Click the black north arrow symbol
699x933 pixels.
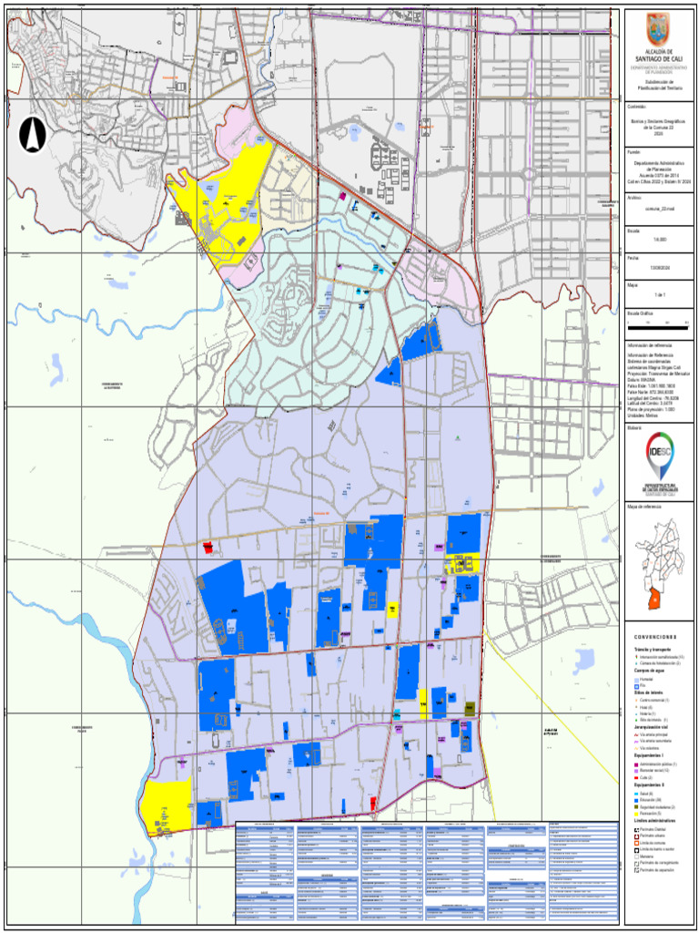click(x=33, y=135)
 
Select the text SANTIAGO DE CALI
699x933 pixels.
click(x=658, y=58)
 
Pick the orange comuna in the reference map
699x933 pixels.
click(x=651, y=598)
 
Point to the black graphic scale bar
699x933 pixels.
click(x=658, y=323)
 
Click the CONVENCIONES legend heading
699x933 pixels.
click(x=655, y=637)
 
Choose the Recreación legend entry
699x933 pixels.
click(x=649, y=812)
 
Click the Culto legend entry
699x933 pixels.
click(x=645, y=777)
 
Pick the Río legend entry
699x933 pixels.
click(x=643, y=686)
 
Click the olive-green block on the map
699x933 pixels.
click(x=470, y=708)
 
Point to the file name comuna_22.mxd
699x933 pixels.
click(x=657, y=208)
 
